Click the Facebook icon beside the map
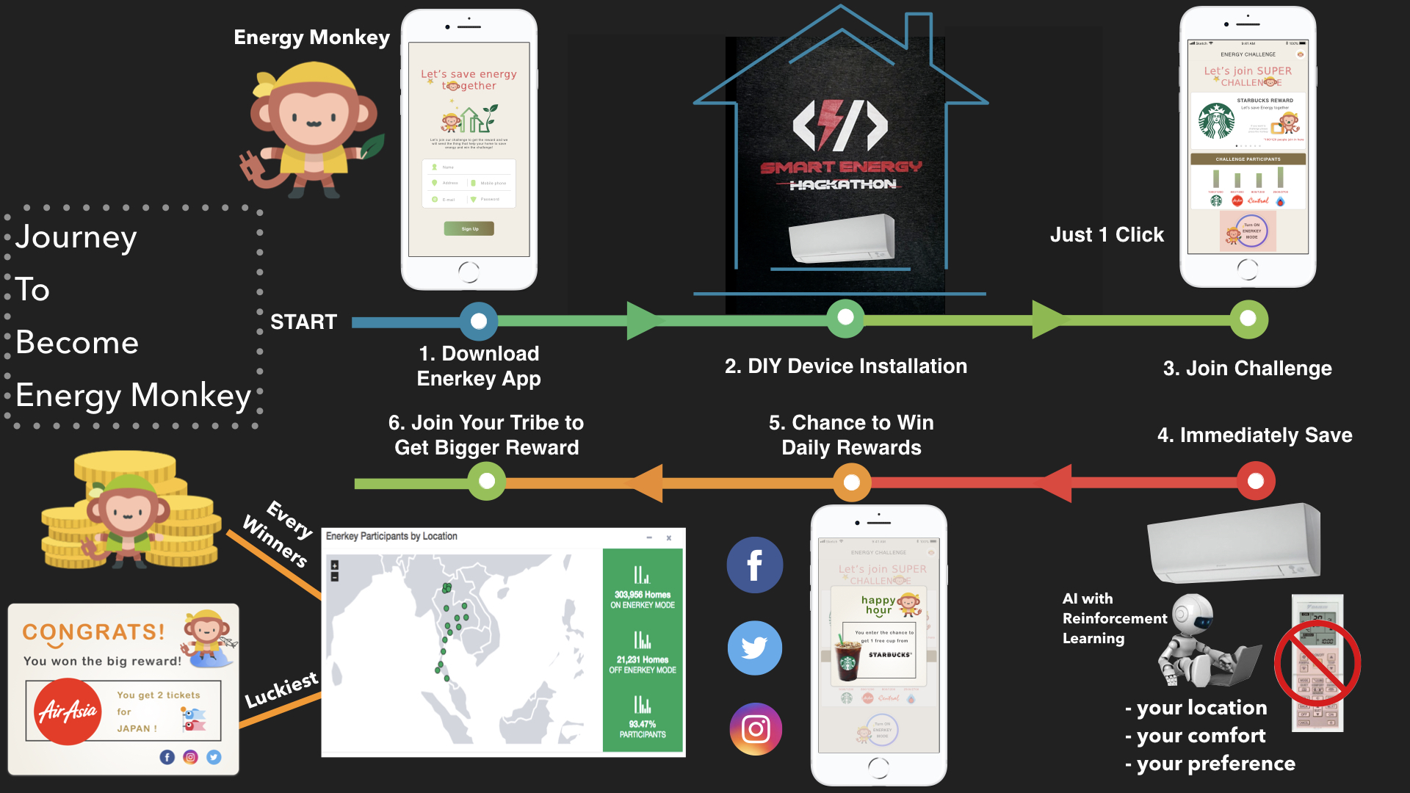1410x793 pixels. pos(755,565)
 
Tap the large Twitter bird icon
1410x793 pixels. pos(755,648)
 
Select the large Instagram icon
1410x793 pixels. pos(756,729)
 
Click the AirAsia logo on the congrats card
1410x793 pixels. pos(68,711)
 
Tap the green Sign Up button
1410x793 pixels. pos(469,229)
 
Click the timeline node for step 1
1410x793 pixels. pos(479,321)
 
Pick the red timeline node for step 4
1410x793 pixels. pos(1256,481)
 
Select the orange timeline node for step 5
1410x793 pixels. pos(852,482)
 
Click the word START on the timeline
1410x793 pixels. pos(303,322)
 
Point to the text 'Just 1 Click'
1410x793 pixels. pos(1107,235)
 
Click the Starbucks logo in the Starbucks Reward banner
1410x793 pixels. pos(1216,121)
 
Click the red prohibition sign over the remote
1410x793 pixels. pos(1317,664)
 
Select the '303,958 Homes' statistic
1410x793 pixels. pos(643,595)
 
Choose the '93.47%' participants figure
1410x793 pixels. pos(643,724)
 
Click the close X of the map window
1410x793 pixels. pos(669,538)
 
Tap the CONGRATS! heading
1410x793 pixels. pos(93,632)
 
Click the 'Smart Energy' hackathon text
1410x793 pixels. pos(841,167)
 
